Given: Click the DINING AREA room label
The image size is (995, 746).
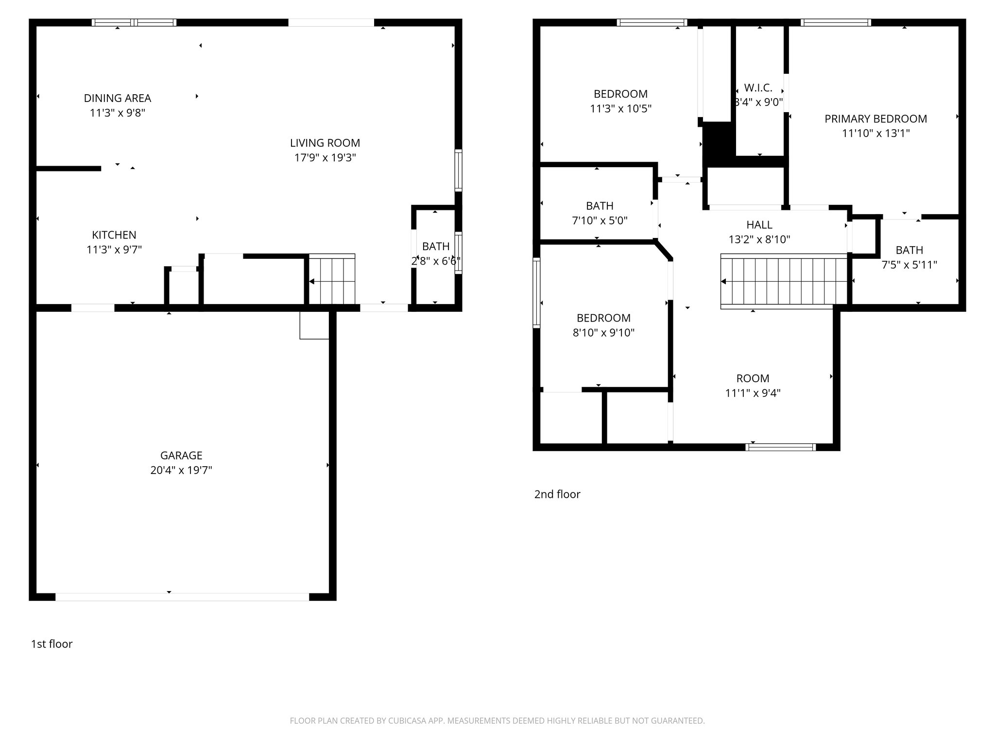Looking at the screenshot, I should [x=118, y=98].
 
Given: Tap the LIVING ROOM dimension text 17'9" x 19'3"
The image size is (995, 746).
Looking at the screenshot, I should [x=325, y=158].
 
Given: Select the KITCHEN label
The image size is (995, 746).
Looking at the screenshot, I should [x=114, y=235].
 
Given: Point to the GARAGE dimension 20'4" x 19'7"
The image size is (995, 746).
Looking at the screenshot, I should [x=181, y=470].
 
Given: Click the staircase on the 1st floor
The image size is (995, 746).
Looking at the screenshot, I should [x=332, y=280].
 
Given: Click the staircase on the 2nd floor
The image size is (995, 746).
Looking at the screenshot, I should [x=784, y=281].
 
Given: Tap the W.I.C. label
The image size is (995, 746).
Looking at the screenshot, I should [x=758, y=88].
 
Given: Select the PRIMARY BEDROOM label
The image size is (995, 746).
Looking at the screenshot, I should [x=875, y=119].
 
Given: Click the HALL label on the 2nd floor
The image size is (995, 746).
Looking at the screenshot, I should [x=759, y=225].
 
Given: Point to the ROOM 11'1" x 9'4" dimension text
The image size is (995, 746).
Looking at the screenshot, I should [x=753, y=393].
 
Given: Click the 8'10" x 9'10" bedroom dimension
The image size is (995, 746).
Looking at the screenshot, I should [x=603, y=333].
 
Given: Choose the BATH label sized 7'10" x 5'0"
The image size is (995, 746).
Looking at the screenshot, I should [x=600, y=206].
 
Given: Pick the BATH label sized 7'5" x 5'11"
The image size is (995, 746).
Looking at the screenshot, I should [x=909, y=250].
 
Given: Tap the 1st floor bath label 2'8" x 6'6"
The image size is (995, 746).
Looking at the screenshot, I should [x=435, y=246].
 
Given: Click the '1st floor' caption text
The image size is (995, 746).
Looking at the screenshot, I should [x=51, y=644].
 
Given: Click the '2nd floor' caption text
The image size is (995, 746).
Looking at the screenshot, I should [x=557, y=494].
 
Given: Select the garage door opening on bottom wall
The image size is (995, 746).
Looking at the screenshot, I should [x=182, y=597].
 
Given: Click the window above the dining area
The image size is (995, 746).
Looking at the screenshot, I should [x=134, y=22].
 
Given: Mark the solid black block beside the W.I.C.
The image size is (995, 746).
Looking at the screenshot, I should [x=718, y=145].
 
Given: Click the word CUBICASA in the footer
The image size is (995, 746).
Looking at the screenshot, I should [x=407, y=721].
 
